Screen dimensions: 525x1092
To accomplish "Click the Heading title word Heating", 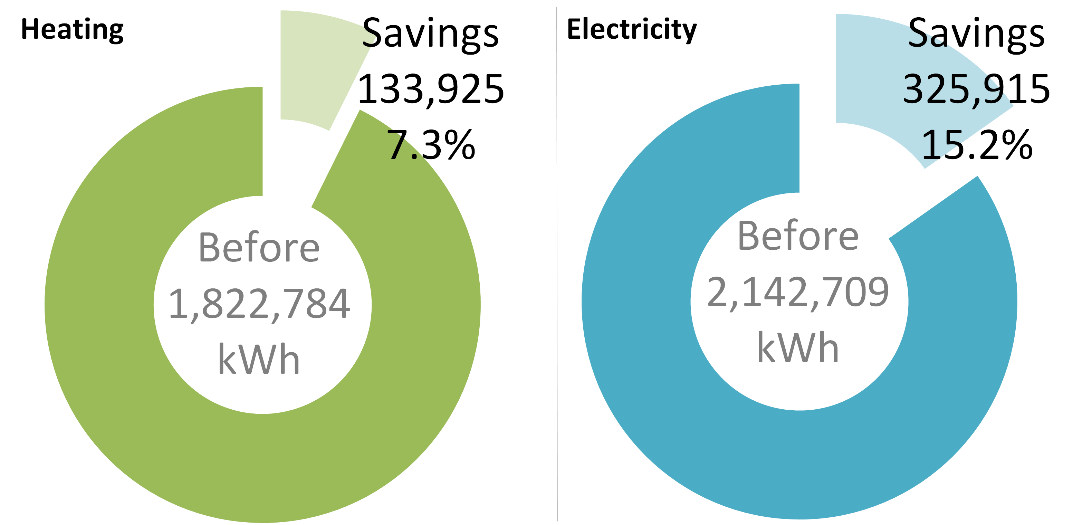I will click(x=72, y=30).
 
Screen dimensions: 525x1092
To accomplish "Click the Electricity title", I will click(x=632, y=30).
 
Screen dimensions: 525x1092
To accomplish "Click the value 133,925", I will click(x=431, y=89).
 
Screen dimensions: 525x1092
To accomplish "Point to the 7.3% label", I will click(x=431, y=145).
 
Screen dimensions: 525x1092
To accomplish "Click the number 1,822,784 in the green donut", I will click(x=259, y=304).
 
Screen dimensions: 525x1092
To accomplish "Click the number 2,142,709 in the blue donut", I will click(x=798, y=292).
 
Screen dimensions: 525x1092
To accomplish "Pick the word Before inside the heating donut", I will click(x=259, y=248).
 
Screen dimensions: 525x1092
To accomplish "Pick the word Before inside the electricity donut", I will click(x=798, y=237).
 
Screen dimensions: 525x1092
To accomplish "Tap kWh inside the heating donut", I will click(x=259, y=360).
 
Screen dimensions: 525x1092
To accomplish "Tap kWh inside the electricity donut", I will click(x=798, y=348).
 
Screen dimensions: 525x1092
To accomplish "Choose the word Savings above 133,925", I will click(x=431, y=34).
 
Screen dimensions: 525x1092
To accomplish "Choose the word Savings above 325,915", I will click(x=976, y=34).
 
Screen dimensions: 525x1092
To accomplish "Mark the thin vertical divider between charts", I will click(x=557, y=263).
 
